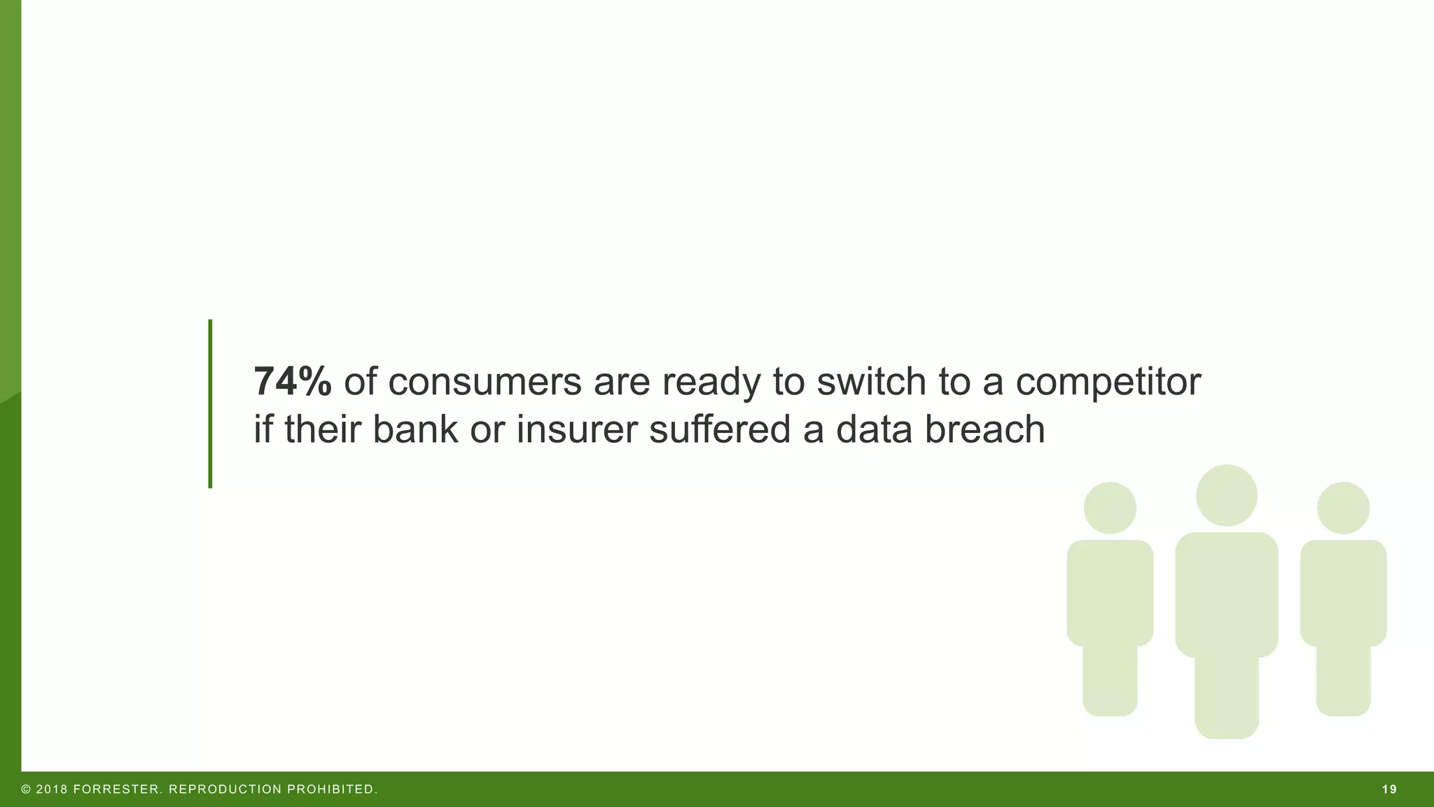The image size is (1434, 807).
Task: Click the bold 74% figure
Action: coord(292,382)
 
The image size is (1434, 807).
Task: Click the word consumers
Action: coord(485,382)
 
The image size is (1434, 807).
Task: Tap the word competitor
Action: coord(1108,382)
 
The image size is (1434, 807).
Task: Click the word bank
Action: coord(415,429)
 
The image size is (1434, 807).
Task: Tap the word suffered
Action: coord(719,429)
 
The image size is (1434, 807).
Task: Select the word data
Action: coord(874,429)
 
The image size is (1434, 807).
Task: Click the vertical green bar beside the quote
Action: coord(210,403)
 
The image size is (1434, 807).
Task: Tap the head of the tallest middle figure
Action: coord(1226,495)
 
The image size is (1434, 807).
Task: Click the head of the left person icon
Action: coord(1110,508)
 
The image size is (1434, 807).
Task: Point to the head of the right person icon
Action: coord(1343,508)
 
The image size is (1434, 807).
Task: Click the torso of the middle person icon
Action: coord(1226,595)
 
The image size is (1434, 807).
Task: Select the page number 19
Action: coord(1389,789)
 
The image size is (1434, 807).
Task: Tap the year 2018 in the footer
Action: coord(52,789)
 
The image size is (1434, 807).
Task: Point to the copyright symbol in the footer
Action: coord(27,789)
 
